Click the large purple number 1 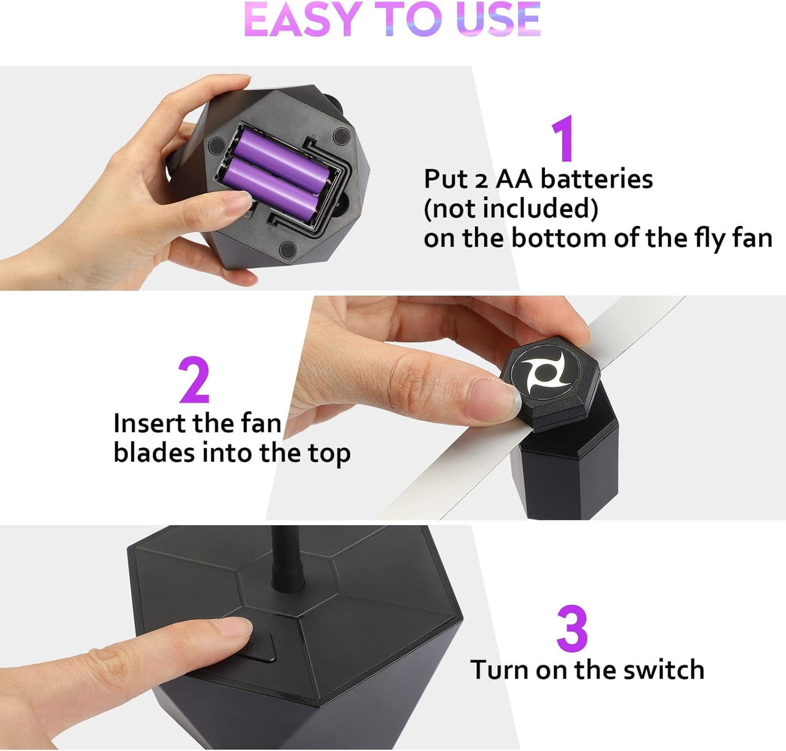pyautogui.click(x=564, y=138)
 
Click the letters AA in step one pyautogui.click(x=513, y=179)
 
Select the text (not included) pyautogui.click(x=510, y=208)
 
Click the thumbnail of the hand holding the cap pyautogui.click(x=492, y=396)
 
